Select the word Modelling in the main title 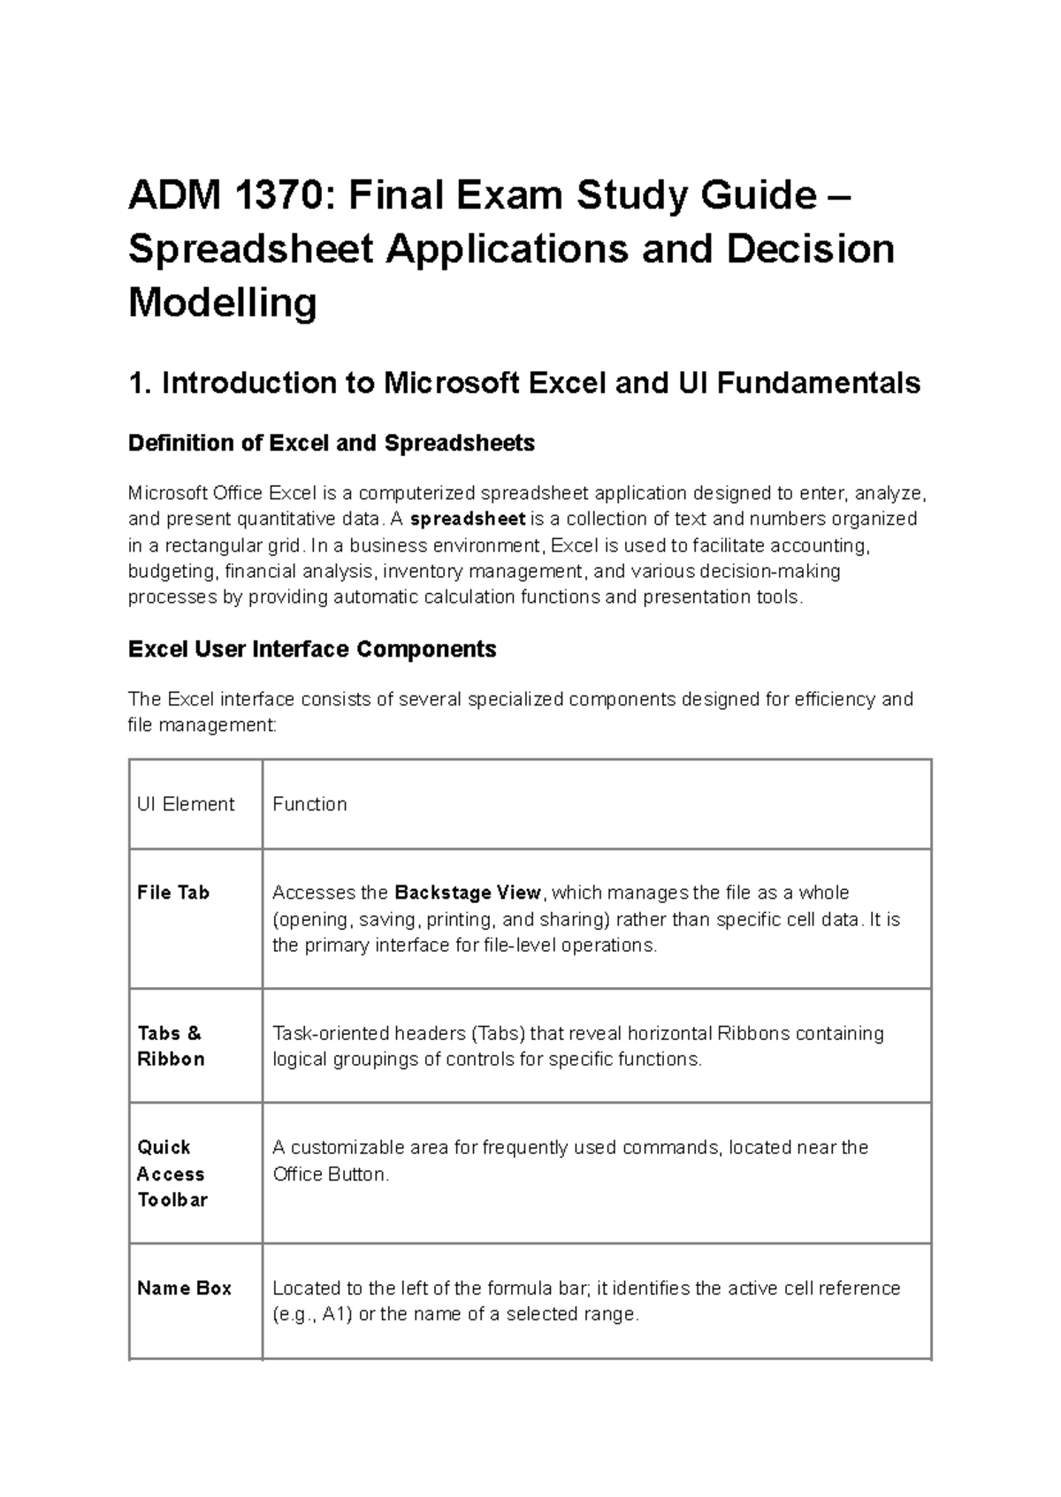(x=222, y=303)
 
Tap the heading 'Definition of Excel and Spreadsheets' (x=331, y=443)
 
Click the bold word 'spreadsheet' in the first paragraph (x=469, y=519)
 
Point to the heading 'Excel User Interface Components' (x=312, y=650)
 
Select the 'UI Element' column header (x=186, y=804)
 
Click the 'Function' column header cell (x=309, y=804)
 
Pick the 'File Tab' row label (x=173, y=893)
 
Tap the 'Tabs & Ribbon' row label (x=170, y=1045)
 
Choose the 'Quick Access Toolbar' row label (x=172, y=1173)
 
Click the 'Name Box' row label (x=184, y=1288)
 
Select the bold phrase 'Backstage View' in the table (x=467, y=893)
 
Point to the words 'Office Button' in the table (x=329, y=1174)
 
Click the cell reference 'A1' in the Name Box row (x=333, y=1314)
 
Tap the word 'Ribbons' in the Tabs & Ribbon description (x=752, y=1033)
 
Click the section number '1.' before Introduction (x=141, y=384)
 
